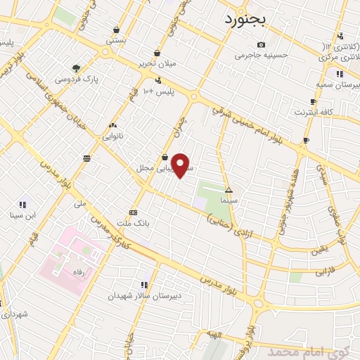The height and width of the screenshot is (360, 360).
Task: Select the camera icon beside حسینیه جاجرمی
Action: [261, 45]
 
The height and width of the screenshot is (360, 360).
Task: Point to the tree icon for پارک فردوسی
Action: [76, 68]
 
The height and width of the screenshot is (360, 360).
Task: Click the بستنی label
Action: [116, 40]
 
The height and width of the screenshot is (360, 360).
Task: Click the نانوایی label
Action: [112, 136]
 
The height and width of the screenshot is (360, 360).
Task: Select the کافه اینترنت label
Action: [310, 112]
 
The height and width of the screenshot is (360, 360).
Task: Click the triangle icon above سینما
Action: [229, 190]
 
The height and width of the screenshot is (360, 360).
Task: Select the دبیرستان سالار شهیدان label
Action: [144, 296]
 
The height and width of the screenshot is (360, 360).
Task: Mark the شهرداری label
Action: [13, 315]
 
